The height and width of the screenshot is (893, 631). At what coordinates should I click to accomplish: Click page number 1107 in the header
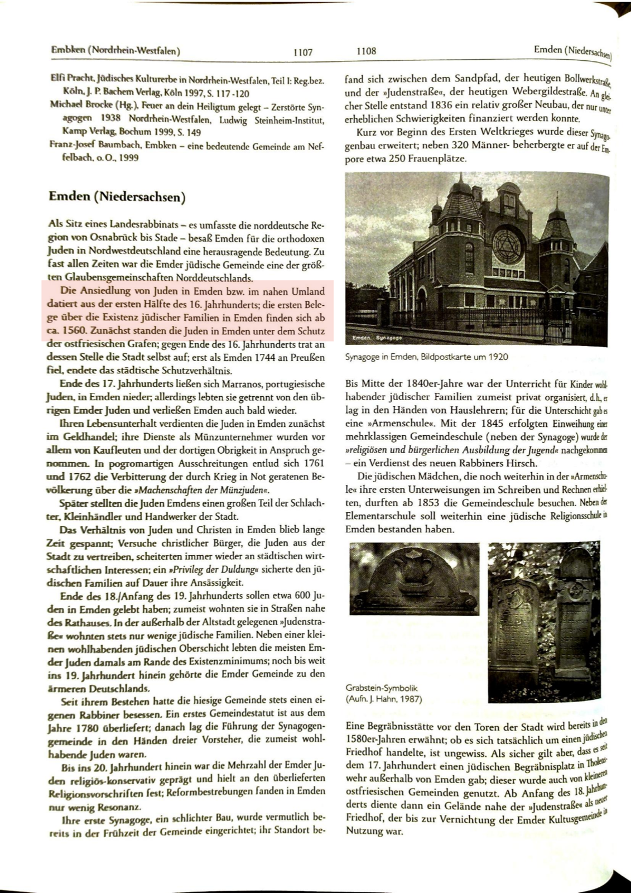point(303,52)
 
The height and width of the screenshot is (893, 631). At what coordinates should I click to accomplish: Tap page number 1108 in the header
point(367,51)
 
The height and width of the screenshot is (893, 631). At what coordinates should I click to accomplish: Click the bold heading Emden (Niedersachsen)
point(117,197)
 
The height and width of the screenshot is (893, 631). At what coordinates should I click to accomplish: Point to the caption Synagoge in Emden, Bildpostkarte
point(426,357)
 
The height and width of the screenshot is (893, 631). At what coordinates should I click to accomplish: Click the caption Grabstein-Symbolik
point(382,688)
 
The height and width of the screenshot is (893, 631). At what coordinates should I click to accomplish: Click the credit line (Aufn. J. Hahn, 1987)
point(384,698)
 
